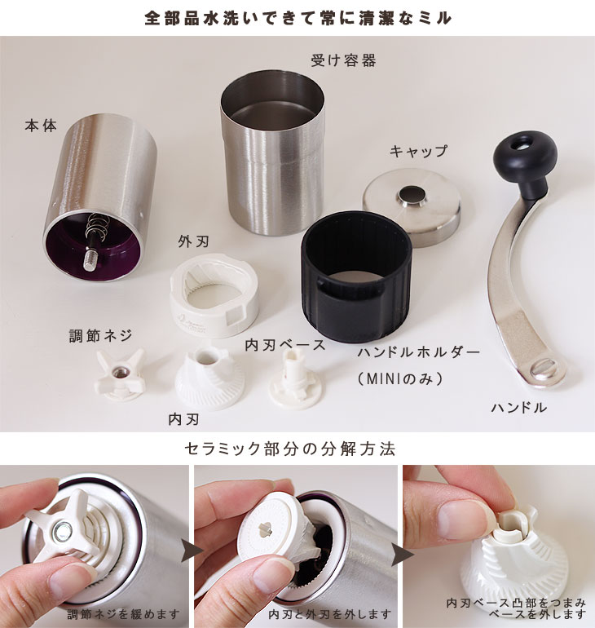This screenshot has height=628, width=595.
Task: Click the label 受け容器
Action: (x=343, y=60)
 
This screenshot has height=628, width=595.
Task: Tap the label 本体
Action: (x=41, y=126)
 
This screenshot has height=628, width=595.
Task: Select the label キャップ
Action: (x=419, y=151)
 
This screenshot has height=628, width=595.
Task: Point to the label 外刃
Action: (x=194, y=241)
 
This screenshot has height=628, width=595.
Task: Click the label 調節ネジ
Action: (x=100, y=336)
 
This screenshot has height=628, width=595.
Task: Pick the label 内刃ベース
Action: (x=285, y=345)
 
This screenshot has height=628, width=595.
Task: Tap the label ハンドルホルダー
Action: (x=419, y=352)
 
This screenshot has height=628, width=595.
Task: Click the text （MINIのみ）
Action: (x=400, y=378)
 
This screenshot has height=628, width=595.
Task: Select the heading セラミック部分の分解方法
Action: (x=290, y=449)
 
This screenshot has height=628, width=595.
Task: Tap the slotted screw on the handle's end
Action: (x=544, y=368)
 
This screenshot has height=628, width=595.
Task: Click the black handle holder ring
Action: (x=356, y=276)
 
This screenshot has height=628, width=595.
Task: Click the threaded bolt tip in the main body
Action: (x=90, y=259)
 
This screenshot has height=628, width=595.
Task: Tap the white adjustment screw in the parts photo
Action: (x=119, y=374)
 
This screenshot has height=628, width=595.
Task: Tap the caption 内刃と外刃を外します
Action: (x=330, y=614)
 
